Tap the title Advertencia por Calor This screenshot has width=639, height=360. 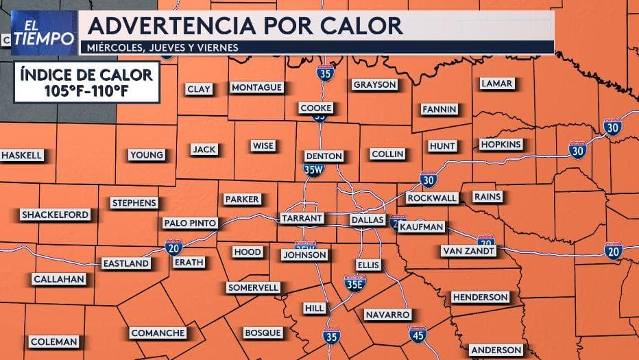[245, 25]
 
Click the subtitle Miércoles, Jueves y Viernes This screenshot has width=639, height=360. [159, 47]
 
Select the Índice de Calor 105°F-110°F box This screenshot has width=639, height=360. [87, 80]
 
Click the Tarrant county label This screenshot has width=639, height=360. [302, 219]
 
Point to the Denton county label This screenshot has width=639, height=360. [323, 156]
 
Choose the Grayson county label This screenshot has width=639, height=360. [375, 84]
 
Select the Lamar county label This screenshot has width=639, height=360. [496, 84]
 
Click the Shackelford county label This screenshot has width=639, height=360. [56, 215]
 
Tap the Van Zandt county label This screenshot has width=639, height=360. [468, 250]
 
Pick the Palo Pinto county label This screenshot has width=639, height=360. [190, 223]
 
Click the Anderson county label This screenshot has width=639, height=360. [496, 349]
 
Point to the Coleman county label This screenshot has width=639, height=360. [54, 341]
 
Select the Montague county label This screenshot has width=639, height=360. [257, 88]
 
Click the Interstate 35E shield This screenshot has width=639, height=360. [355, 282]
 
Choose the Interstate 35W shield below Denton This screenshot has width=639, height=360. [314, 169]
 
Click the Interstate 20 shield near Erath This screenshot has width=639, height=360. [173, 248]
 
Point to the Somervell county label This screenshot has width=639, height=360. [253, 287]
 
